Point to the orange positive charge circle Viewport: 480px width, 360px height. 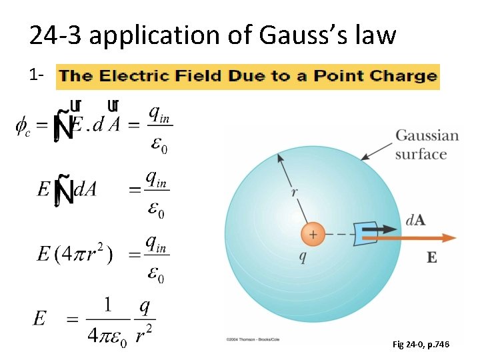click(x=312, y=234)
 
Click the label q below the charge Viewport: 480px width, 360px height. click(x=304, y=258)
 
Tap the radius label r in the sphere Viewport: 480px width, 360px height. click(x=294, y=192)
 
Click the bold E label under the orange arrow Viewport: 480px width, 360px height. click(x=432, y=257)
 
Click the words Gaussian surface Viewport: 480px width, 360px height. click(x=427, y=145)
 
